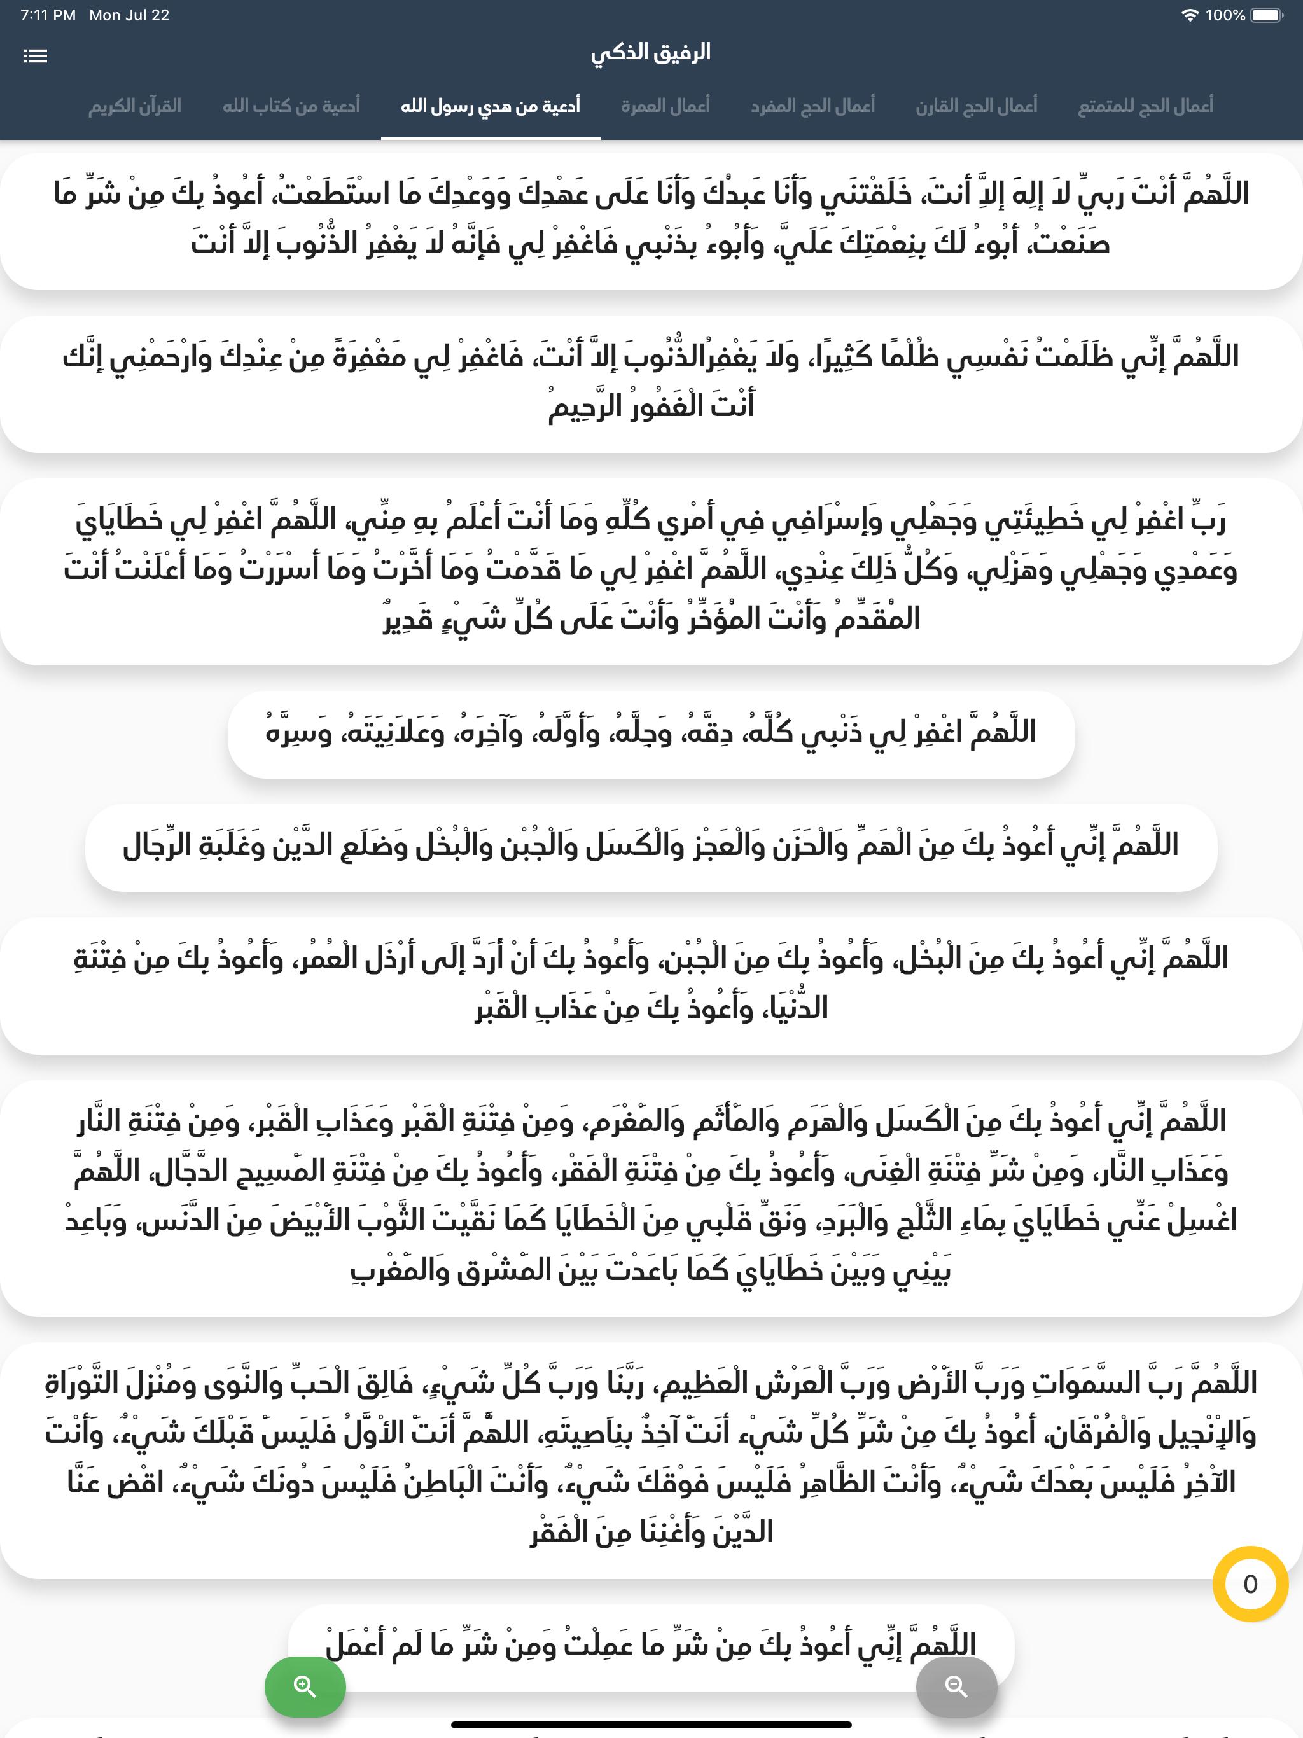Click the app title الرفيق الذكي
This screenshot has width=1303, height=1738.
tap(651, 53)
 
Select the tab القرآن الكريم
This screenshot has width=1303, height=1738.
tap(134, 106)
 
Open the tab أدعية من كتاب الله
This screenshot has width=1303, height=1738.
tap(291, 106)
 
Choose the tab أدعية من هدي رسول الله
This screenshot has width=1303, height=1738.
tap(491, 106)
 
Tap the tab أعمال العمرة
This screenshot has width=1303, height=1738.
tap(665, 106)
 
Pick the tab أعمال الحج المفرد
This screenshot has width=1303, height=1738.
tap(812, 106)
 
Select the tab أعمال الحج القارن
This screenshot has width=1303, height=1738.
tap(976, 106)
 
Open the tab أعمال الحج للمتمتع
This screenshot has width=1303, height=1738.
tap(1145, 106)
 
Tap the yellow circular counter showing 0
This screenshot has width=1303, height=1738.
tap(1250, 1584)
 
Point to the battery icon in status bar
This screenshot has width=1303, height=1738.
tap(1267, 15)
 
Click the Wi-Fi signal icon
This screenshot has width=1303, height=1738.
tap(1190, 15)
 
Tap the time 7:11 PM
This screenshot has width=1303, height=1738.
tap(48, 15)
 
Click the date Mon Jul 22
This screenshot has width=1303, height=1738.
tap(130, 15)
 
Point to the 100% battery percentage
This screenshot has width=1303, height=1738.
tap(1225, 15)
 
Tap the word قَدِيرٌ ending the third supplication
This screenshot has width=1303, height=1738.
tap(408, 619)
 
